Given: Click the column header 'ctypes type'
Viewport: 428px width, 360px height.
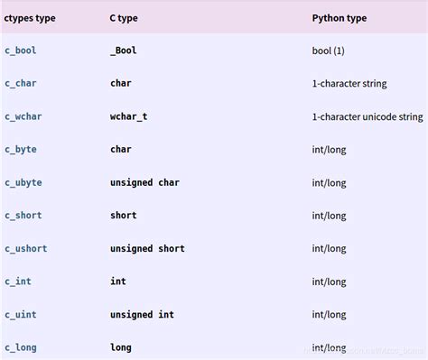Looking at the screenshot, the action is point(30,17).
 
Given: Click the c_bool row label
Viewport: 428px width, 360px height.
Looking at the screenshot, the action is point(21,51).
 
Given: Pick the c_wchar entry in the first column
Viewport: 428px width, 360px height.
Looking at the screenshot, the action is point(23,116).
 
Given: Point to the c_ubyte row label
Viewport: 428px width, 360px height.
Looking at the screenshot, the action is point(23,182).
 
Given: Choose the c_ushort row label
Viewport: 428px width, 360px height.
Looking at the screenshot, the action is point(26,248).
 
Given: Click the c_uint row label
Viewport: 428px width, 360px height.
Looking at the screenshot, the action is point(21,314).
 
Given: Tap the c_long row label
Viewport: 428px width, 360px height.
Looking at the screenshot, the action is point(21,347).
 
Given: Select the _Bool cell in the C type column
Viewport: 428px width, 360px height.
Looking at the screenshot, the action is point(124,51).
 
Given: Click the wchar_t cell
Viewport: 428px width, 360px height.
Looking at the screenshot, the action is point(129,116).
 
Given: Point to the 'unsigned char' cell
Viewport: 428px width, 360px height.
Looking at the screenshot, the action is point(144,182).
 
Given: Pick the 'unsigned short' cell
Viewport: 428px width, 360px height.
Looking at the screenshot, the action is point(147,248).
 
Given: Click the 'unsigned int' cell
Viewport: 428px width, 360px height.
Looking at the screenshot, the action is point(142,314).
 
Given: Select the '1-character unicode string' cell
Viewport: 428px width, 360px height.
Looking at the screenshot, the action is point(368,116).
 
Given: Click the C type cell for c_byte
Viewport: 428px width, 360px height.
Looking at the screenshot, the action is point(121,149).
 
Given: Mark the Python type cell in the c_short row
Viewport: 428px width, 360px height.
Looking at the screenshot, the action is point(329,216).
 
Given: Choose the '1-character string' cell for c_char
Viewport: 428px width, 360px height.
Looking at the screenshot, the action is point(349,83).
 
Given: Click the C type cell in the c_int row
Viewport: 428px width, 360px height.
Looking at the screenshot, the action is point(118,282).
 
